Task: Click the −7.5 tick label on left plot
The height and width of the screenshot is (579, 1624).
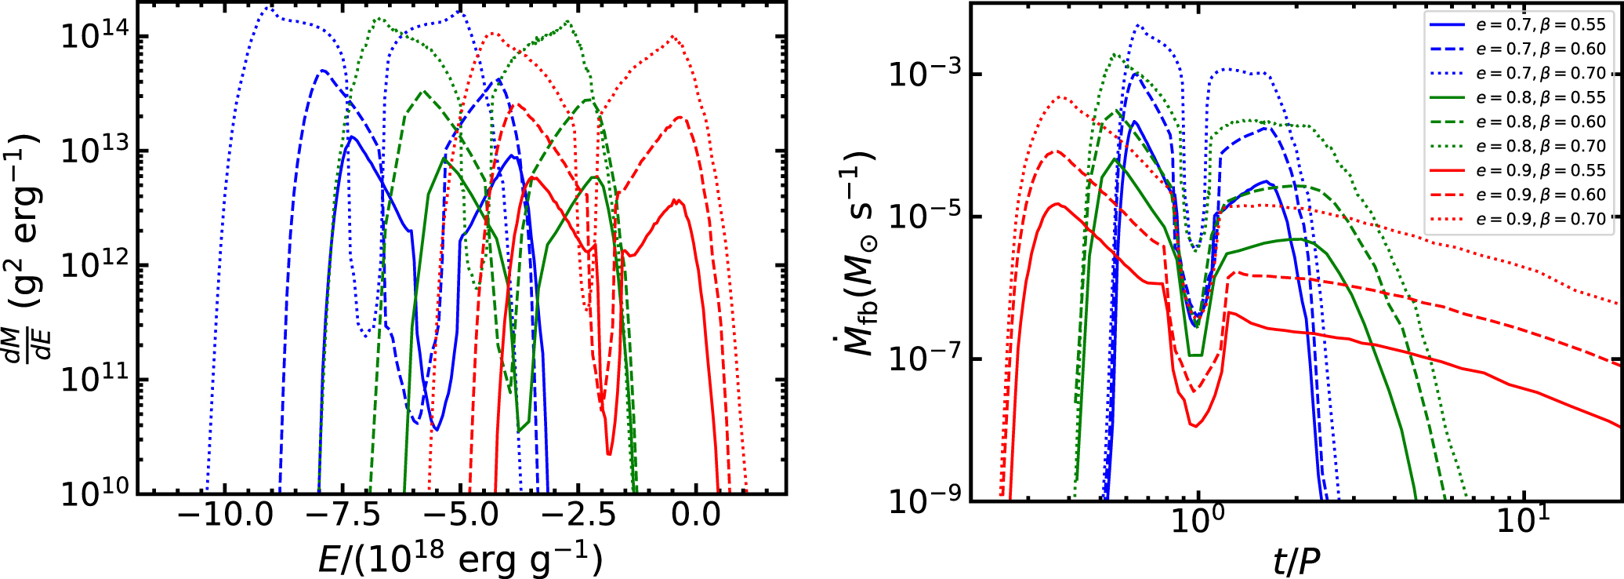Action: point(343,515)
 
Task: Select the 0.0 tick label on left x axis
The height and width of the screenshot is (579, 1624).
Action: point(695,515)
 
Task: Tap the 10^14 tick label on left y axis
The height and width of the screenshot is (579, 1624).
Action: point(94,35)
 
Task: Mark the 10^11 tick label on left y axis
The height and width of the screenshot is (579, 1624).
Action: point(94,379)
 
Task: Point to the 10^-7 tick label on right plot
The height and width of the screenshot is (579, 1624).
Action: point(924,359)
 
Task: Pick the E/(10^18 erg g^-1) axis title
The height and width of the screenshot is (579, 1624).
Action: point(461,559)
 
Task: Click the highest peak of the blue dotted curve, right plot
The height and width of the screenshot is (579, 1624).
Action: point(1137,25)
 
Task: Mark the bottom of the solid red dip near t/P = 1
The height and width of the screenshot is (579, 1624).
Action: point(1194,426)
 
